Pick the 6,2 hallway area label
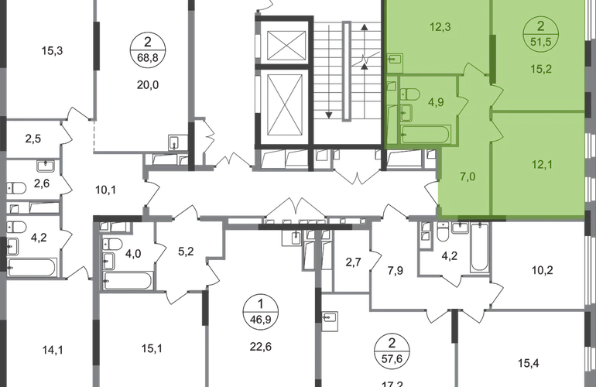tap(184, 250)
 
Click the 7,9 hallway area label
tap(395, 271)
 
